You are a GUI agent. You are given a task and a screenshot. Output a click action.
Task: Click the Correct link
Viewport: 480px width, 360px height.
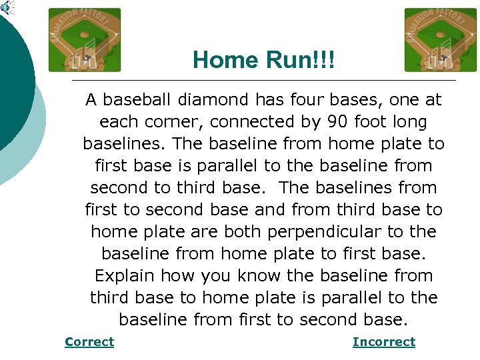89,342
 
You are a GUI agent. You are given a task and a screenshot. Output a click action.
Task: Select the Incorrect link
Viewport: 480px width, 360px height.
383,342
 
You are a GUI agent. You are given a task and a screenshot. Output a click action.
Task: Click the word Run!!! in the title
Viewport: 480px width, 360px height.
297,61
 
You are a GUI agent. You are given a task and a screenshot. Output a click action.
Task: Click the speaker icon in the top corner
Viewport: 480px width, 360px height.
7,7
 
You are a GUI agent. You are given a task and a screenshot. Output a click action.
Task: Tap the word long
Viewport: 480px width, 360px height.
412,122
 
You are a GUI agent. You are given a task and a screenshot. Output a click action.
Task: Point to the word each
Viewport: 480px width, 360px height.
119,122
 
